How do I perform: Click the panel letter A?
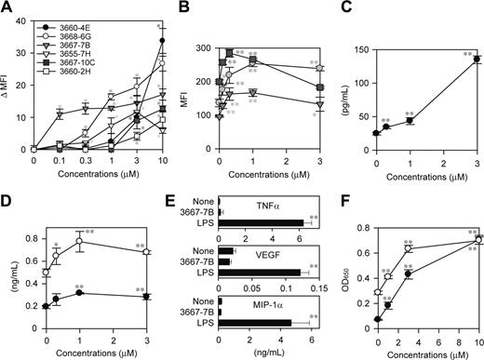tap(8, 8)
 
